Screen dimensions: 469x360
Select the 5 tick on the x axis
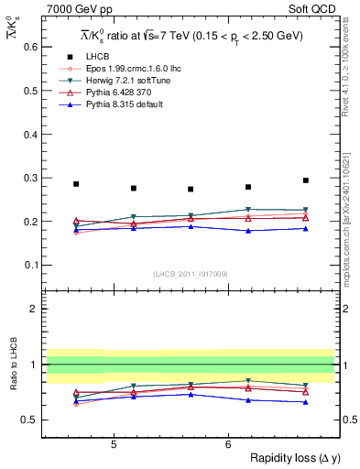click(113, 444)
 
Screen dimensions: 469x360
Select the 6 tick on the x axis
click(228, 444)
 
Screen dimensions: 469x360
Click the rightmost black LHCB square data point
click(306, 180)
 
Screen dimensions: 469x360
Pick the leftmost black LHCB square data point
click(76, 184)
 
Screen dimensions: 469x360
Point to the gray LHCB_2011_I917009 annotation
click(191, 274)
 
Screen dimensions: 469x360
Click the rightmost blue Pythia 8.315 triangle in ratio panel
click(306, 402)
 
